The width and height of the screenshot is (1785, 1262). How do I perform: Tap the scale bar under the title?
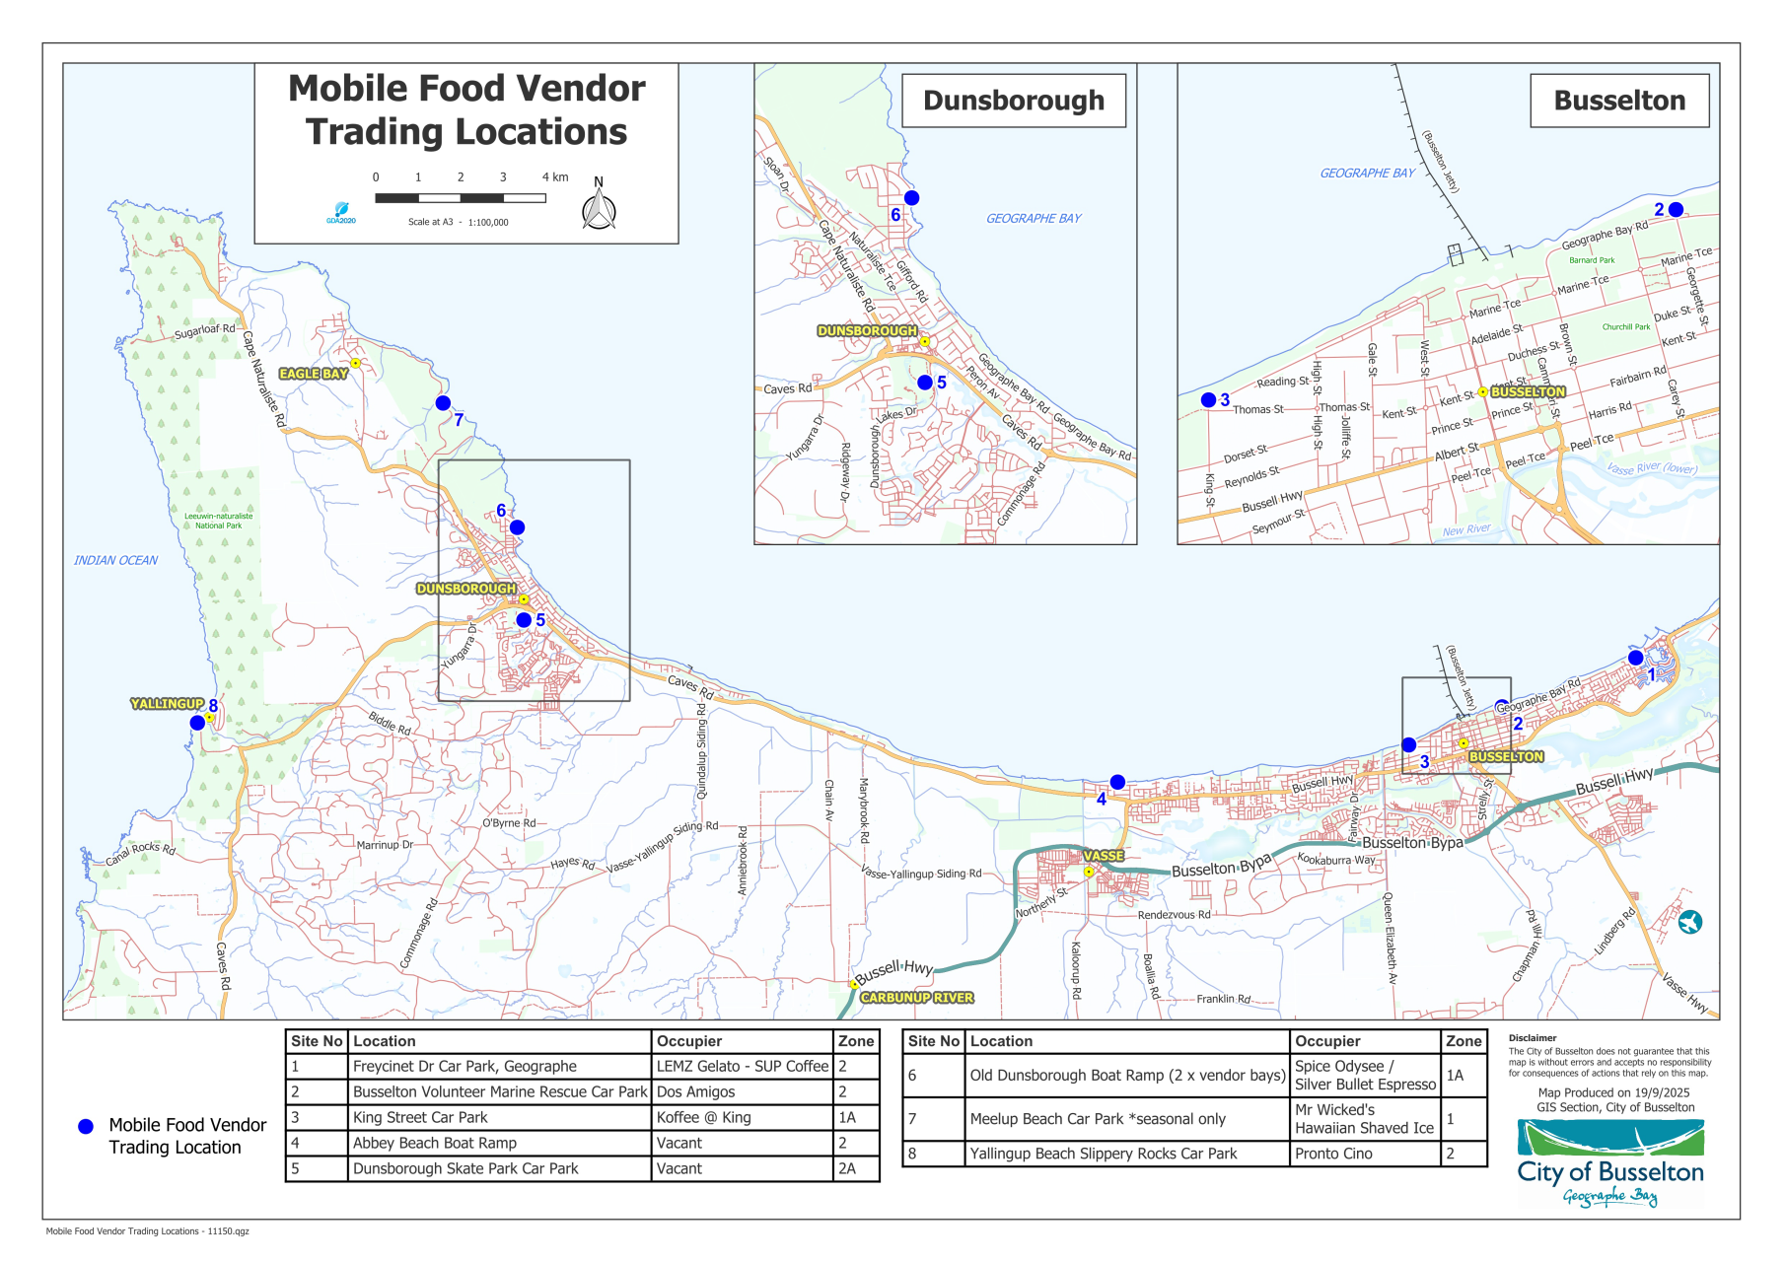pos(461,198)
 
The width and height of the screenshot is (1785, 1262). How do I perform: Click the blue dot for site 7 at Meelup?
pos(443,403)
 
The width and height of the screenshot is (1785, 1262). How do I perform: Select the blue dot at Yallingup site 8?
pos(197,723)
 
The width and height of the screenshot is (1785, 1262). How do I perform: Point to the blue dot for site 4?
pos(1117,782)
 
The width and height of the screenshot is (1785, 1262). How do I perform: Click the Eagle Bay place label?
pos(314,374)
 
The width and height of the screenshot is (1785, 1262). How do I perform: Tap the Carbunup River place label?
pos(916,998)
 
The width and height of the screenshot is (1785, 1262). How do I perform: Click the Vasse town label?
pos(1104,856)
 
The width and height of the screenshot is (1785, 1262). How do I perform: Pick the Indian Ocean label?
pos(115,560)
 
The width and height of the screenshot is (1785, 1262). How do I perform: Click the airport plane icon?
pos(1690,922)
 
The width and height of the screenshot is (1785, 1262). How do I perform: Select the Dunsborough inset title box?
pos(1014,101)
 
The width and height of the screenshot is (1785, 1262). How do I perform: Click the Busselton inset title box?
pos(1619,101)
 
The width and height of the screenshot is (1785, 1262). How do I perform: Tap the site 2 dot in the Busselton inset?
pos(1676,209)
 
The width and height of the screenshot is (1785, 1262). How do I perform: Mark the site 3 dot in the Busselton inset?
pos(1208,399)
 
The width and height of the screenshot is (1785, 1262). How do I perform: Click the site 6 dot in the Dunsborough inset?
pos(912,198)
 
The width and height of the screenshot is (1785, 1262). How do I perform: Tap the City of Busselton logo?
pos(1609,1163)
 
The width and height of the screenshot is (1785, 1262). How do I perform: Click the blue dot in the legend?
pos(86,1126)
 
